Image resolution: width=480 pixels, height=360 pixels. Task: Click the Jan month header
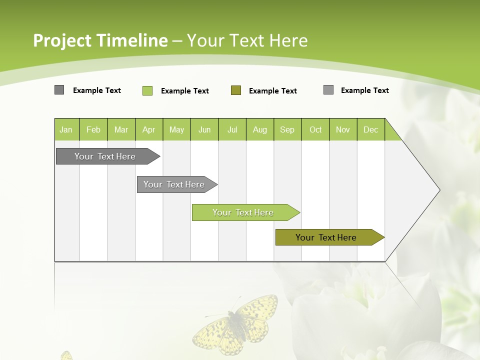coord(66,129)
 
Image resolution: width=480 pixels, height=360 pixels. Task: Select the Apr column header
coord(149,129)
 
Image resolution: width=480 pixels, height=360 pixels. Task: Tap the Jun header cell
coord(204,129)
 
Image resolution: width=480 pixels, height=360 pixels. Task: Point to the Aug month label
coord(260,129)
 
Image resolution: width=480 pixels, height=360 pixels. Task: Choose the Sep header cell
coord(287,129)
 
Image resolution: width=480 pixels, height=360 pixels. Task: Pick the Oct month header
coord(315,129)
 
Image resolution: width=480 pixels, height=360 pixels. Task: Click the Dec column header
coord(371,129)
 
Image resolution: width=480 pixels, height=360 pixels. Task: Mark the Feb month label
coord(93,129)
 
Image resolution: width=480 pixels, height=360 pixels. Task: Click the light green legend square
coord(147,90)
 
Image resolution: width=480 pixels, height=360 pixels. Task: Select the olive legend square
coord(236,90)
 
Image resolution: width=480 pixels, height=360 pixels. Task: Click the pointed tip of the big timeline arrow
coord(438,190)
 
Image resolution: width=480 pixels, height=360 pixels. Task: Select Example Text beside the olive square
coord(273,91)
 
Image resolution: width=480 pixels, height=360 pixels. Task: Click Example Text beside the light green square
coord(185,91)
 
